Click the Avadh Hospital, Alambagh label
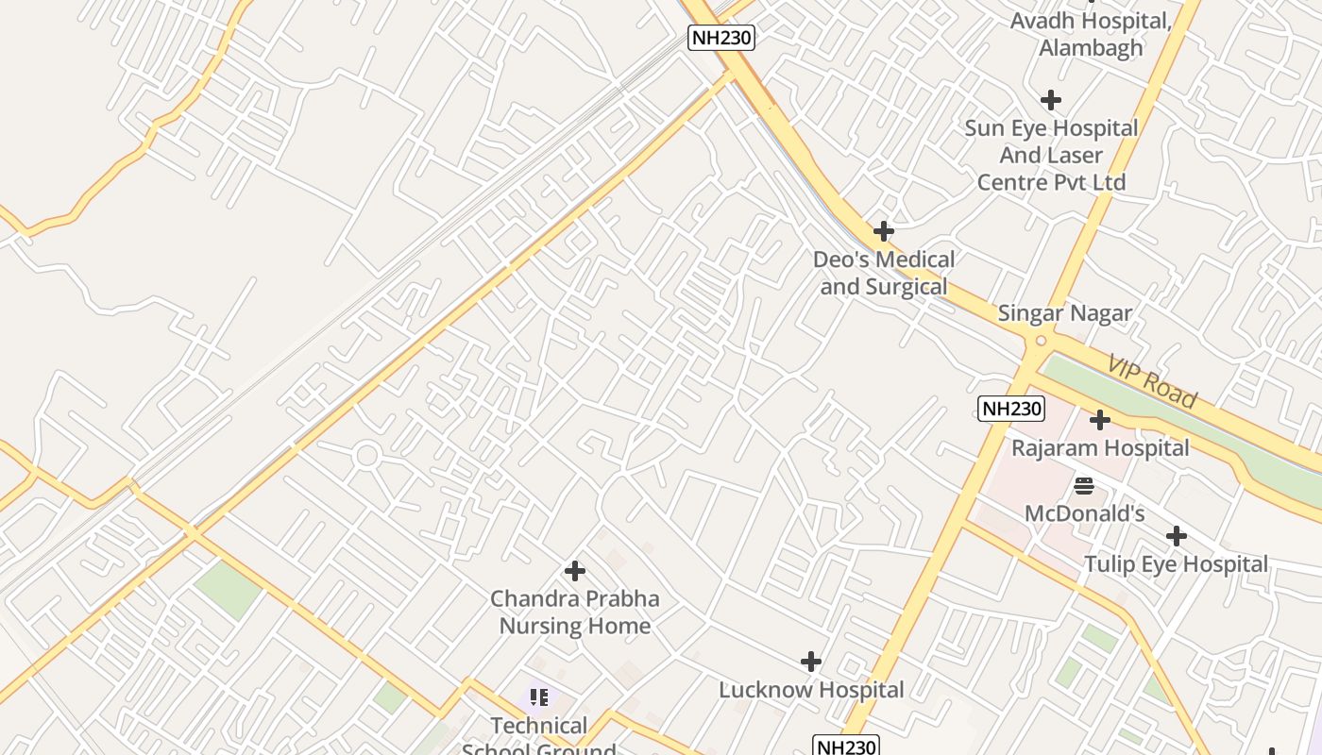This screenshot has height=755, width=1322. pyautogui.click(x=1091, y=34)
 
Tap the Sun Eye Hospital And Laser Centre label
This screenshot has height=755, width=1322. pyautogui.click(x=1051, y=155)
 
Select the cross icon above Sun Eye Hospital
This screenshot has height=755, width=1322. pyautogui.click(x=1050, y=99)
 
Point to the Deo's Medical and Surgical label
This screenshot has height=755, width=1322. pyautogui.click(x=884, y=273)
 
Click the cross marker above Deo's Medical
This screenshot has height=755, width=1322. pyautogui.click(x=884, y=230)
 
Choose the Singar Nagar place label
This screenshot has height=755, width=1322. pyautogui.click(x=1064, y=313)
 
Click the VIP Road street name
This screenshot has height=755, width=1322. pyautogui.click(x=1152, y=382)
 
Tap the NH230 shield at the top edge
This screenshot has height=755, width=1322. pyautogui.click(x=721, y=38)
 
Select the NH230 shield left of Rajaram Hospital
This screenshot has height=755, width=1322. pyautogui.click(x=1011, y=409)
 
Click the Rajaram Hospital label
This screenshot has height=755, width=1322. pyautogui.click(x=1100, y=447)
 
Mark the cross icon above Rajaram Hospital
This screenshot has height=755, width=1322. pyautogui.click(x=1100, y=419)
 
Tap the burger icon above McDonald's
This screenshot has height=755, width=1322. pyautogui.click(x=1084, y=486)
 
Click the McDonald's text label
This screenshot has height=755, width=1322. pyautogui.click(x=1085, y=514)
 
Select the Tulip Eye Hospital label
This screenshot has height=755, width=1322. pyautogui.click(x=1176, y=564)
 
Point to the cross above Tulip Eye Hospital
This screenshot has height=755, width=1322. pyautogui.click(x=1176, y=536)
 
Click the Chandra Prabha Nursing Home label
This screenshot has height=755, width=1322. pyautogui.click(x=574, y=612)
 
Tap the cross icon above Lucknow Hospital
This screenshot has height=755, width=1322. pyautogui.click(x=810, y=662)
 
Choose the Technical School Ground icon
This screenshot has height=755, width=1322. pyautogui.click(x=539, y=697)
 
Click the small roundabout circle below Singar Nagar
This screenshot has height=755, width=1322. pyautogui.click(x=1042, y=341)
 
